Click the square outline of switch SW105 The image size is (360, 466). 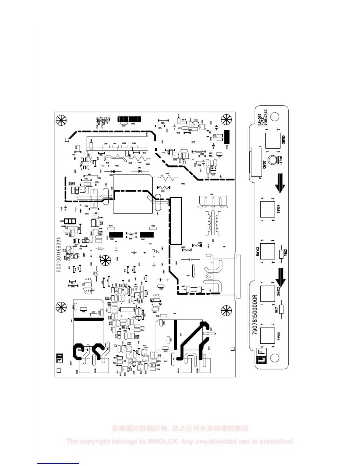(x=273, y=140)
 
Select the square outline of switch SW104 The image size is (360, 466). (x=267, y=209)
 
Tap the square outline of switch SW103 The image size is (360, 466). (x=267, y=252)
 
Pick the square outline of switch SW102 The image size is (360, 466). (x=267, y=294)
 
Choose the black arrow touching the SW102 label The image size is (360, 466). (x=280, y=277)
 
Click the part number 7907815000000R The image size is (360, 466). (x=255, y=314)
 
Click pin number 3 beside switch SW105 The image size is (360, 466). (x=278, y=129)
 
